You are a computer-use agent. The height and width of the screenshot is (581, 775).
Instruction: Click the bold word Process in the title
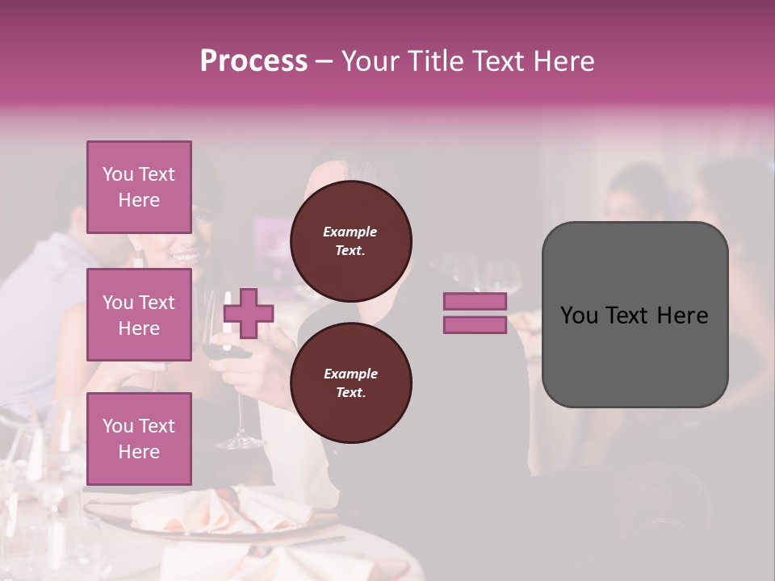253,61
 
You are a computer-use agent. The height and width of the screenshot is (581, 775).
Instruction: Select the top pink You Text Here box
139,187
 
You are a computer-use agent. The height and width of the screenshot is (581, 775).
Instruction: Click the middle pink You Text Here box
139,315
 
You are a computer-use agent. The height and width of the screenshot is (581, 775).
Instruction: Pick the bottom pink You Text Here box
139,438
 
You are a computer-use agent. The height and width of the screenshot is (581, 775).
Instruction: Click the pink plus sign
249,313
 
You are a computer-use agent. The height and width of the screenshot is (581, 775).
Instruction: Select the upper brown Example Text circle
350,241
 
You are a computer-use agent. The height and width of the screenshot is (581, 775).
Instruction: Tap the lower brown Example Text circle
350,383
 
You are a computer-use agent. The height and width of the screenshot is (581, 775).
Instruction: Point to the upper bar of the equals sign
475,301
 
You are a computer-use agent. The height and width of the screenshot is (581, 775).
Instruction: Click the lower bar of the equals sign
475,325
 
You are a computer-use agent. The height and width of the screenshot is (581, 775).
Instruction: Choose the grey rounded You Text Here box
635,315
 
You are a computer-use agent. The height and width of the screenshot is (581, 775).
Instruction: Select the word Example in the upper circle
350,232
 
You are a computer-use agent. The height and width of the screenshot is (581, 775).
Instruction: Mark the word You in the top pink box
118,174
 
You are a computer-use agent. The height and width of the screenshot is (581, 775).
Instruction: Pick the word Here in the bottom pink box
139,452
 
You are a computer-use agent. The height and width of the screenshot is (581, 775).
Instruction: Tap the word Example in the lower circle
350,374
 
